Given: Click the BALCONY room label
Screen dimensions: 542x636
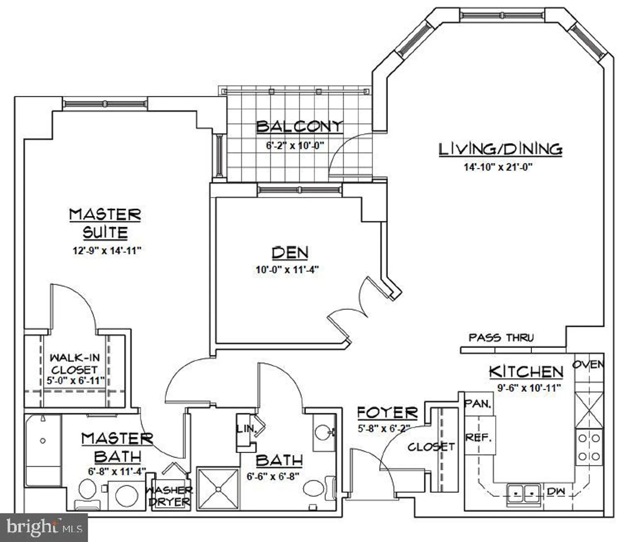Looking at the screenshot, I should (x=299, y=126).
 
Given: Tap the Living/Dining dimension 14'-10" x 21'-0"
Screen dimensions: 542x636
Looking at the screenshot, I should (x=498, y=167).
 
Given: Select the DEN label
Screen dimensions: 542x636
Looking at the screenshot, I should (x=290, y=253).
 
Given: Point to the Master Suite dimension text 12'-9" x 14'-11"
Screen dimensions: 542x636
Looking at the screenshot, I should (x=107, y=250).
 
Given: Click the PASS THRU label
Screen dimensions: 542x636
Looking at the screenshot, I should (x=501, y=338).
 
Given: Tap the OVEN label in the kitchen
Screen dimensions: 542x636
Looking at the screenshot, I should (x=588, y=364).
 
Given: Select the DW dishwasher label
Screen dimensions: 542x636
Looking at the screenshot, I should (x=556, y=491).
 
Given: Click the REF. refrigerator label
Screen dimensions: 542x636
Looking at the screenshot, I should (x=478, y=438).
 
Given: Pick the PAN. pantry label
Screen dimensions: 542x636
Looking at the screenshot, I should (x=478, y=403).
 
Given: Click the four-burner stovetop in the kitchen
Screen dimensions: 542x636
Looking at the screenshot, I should (x=589, y=447).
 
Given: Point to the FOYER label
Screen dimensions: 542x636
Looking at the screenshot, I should (x=387, y=413).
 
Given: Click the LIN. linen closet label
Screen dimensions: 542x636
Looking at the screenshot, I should (x=246, y=429).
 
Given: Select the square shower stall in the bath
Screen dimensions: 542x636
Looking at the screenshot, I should (x=218, y=489).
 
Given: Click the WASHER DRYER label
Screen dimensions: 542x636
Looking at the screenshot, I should (x=169, y=496).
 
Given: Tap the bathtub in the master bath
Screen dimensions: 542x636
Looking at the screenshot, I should (x=43, y=450).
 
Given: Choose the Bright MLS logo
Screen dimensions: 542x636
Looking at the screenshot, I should (x=43, y=527).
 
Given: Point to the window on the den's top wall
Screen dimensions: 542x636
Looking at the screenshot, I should (x=299, y=190).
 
